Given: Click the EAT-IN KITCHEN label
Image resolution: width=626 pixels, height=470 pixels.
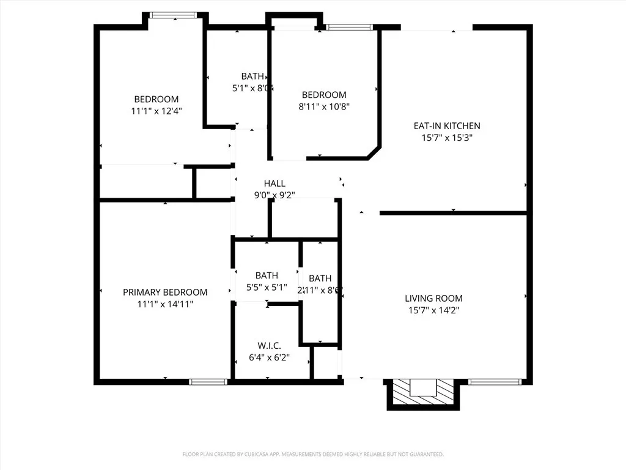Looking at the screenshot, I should coord(447,126).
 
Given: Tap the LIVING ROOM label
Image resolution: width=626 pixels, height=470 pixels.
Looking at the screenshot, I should coord(433,299).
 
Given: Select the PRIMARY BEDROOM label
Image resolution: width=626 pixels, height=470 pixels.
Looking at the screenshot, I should coord(165,293).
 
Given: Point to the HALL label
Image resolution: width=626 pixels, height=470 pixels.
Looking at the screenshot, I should coord(274,184).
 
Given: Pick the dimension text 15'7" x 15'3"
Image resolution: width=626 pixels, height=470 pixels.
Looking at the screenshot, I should coord(447,138).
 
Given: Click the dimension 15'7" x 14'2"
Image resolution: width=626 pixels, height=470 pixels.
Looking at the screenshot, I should coord(433,310).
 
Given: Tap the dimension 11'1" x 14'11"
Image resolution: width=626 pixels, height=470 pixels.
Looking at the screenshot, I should coord(165,304).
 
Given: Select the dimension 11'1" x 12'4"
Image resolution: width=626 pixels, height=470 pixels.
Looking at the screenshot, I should coord(156,111).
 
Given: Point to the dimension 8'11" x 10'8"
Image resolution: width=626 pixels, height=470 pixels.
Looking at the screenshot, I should coord(324,106).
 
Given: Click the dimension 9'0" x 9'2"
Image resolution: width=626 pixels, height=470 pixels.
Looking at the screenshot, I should coord(274,195).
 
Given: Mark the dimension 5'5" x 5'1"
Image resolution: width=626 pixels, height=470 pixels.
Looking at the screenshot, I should coord(267,287).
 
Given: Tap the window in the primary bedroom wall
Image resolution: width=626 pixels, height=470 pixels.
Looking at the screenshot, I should coord(208,382).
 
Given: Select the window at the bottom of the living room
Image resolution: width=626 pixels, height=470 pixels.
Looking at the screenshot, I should coord(495,382).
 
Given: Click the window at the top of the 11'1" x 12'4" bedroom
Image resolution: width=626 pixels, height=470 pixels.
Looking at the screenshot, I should coord(173,15).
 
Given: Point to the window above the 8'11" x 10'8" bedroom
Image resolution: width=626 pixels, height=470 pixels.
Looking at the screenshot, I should coord(348,27).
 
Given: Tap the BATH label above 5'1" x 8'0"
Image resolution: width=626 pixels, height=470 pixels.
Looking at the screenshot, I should coord(252,76).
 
